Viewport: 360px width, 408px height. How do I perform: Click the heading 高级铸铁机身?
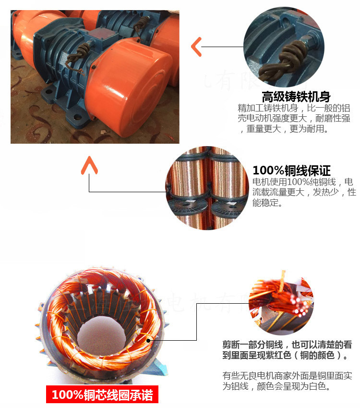296,96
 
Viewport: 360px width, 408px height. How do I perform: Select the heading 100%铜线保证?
291,170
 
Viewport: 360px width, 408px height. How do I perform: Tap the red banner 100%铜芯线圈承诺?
102,395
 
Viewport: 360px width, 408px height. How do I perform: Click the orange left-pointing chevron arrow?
196,47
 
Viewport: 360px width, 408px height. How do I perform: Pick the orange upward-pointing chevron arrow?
89,165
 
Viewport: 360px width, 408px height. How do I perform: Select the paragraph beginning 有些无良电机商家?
287,381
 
